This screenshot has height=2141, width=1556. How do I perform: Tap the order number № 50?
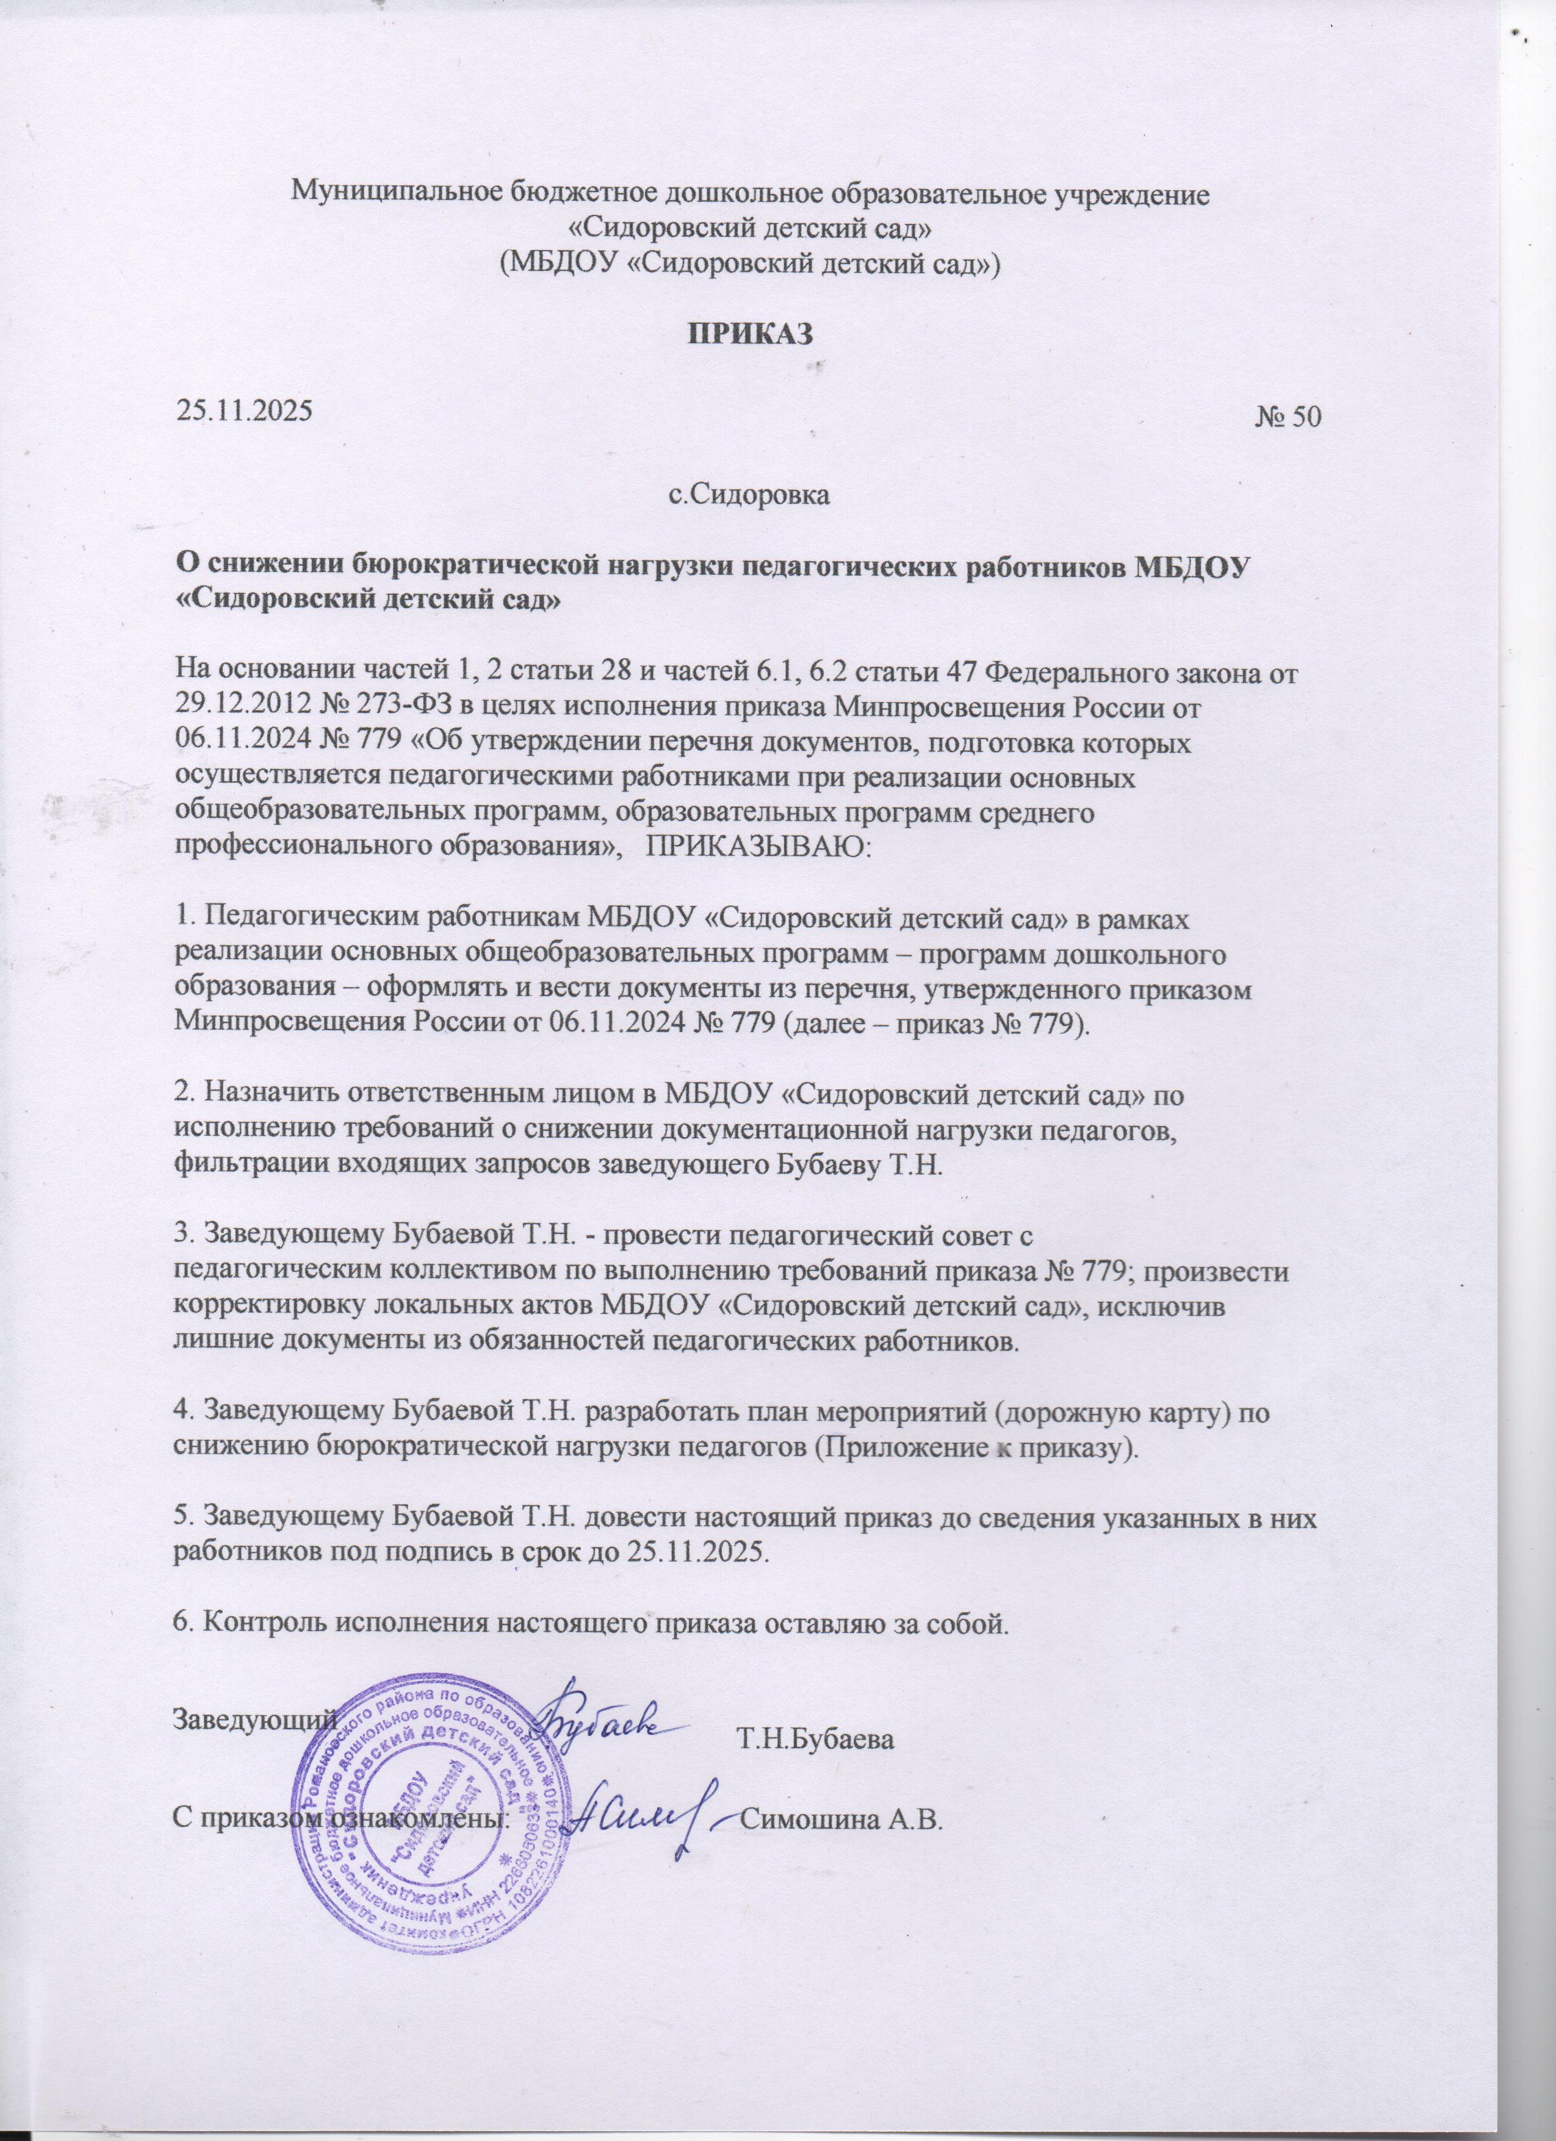tap(1290, 418)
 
